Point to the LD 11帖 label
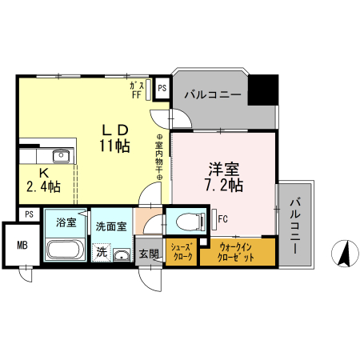tap(114, 137)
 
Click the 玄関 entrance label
tap(149, 254)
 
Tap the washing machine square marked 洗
tap(102, 252)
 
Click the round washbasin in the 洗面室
tap(121, 256)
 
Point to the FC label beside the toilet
tap(223, 217)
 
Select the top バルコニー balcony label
tap(212, 94)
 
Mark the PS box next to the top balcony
tap(162, 88)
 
